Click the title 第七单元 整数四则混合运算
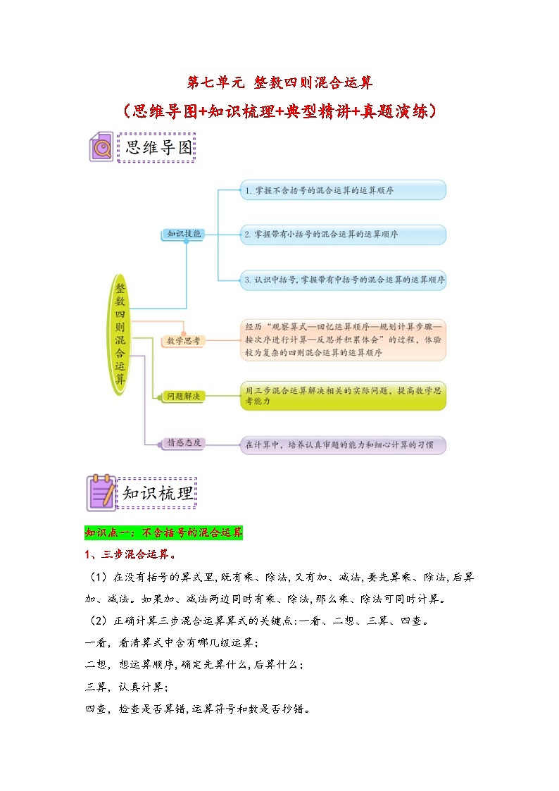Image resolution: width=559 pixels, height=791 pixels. [279, 82]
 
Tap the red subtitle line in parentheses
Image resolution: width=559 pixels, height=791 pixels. [279, 111]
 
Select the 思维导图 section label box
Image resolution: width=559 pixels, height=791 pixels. [156, 147]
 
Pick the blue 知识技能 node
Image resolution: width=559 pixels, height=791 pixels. [184, 234]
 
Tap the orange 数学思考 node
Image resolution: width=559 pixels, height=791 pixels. [183, 341]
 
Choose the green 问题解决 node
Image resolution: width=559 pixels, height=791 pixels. [183, 397]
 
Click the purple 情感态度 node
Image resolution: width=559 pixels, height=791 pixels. [183, 444]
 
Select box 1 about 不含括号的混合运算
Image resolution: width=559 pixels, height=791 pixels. [343, 190]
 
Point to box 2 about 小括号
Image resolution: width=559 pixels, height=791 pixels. [343, 235]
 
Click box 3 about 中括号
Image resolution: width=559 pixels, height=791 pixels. [343, 280]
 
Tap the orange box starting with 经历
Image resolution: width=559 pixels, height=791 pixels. [343, 340]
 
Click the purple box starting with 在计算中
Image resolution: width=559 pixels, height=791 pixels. [343, 445]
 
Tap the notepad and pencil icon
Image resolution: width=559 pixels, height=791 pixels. [101, 492]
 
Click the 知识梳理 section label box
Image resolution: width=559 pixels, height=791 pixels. [157, 493]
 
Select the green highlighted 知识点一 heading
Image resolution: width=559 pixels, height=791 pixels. [163, 532]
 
